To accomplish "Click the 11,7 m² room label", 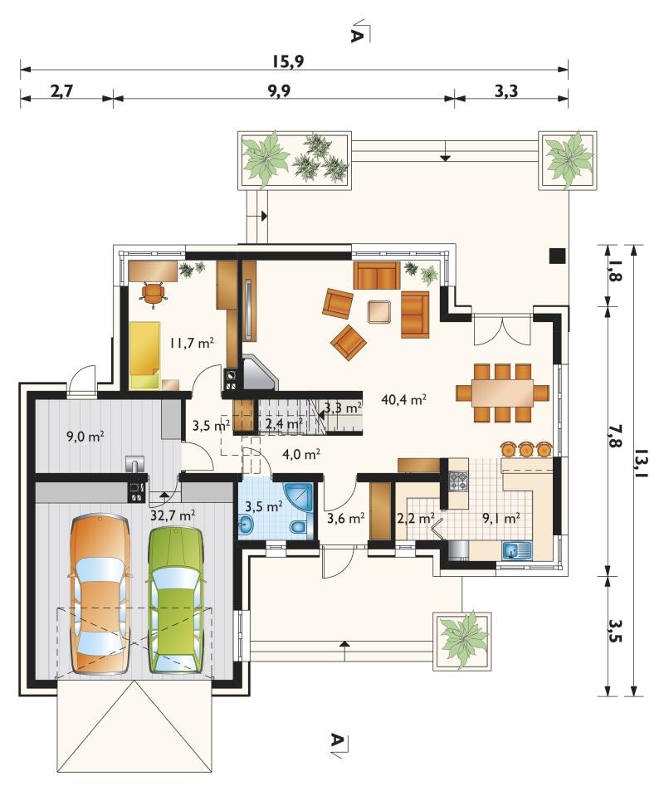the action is (x=192, y=344).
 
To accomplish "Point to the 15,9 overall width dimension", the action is (x=288, y=61).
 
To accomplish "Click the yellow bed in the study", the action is (x=145, y=355).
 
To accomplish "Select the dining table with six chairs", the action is (x=502, y=392).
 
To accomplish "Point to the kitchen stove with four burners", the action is (x=459, y=481).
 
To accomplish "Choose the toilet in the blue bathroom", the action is (x=298, y=527).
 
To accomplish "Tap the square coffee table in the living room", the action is (x=379, y=311).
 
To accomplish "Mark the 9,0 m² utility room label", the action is (x=85, y=437).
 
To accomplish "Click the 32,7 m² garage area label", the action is (x=173, y=515).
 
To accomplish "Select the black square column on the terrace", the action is (x=557, y=256).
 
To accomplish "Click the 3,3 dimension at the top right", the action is (x=506, y=91).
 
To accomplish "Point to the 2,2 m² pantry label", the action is (x=416, y=518).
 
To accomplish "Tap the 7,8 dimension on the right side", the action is (x=616, y=437).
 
